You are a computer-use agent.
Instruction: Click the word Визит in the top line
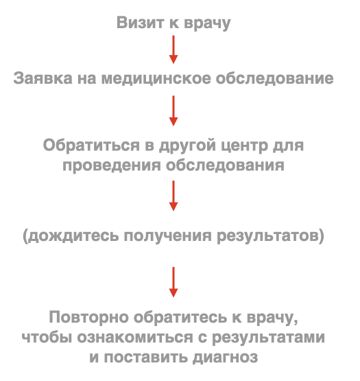141,23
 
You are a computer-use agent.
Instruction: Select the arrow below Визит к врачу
173,49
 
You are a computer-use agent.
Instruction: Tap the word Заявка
43,78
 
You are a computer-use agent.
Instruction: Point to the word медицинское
156,79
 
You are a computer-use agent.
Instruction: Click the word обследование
274,78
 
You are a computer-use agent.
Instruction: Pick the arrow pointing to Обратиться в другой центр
173,111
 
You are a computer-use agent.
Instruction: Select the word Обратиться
91,146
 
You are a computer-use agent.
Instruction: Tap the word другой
187,146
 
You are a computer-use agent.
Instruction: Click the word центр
244,146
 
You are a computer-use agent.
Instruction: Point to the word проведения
112,166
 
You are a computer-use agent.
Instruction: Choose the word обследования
225,165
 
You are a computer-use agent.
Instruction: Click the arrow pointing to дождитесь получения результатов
173,196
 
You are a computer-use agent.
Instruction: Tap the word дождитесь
72,236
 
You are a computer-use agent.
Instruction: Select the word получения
167,236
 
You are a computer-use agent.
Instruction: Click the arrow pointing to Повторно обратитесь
173,282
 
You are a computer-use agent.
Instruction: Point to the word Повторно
88,317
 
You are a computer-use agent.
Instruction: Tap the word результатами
269,338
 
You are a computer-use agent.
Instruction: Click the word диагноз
226,358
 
